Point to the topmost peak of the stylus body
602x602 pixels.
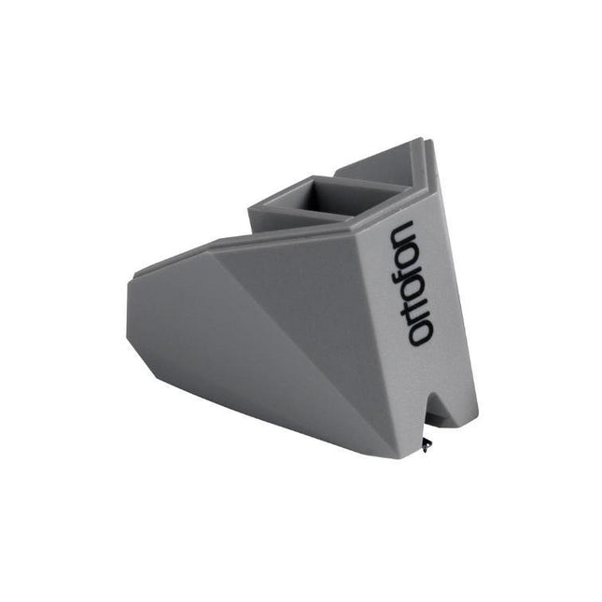point(417,143)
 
